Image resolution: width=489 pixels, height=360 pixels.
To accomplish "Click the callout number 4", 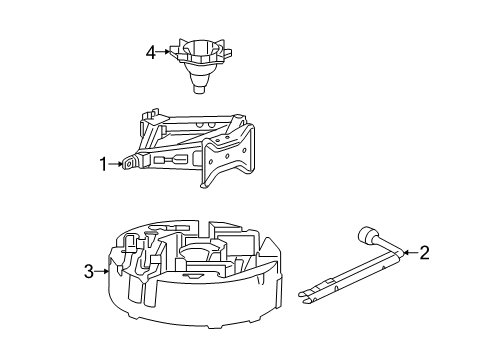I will (150, 52).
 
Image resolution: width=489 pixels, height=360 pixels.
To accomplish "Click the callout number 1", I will (102, 164).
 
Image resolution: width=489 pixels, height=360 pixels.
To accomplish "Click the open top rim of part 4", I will (196, 45).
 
